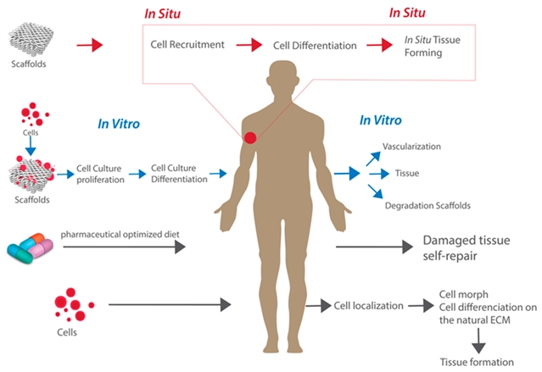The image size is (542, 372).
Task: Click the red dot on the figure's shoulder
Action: pos(251,137)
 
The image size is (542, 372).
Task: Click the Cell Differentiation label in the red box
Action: pos(312,43)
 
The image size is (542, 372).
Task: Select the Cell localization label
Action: pos(368,304)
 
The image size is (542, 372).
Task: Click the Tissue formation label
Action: pos(477,362)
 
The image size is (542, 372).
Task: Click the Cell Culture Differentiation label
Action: pos(179,174)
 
